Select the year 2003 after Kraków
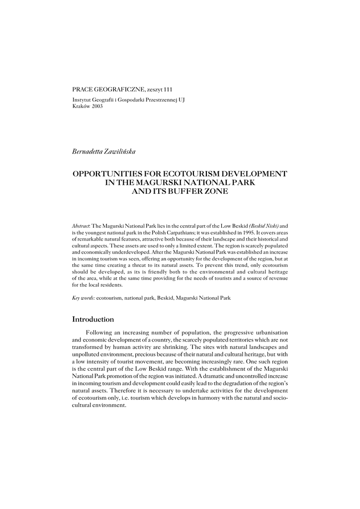96,107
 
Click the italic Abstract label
82,226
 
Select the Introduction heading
93,319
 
